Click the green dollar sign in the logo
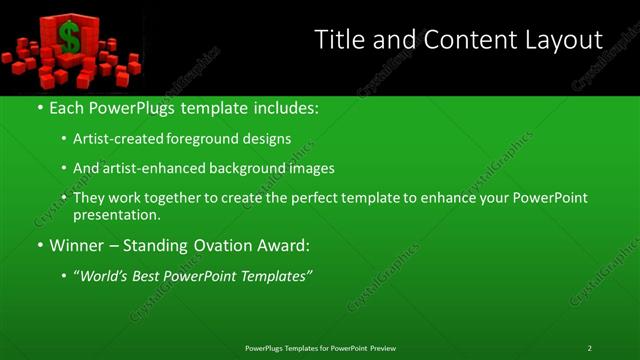pos(69,38)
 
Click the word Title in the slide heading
pos(339,40)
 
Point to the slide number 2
pos(590,348)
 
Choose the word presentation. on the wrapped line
pos(116,215)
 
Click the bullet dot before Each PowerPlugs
pos(39,107)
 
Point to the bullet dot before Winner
pos(39,245)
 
